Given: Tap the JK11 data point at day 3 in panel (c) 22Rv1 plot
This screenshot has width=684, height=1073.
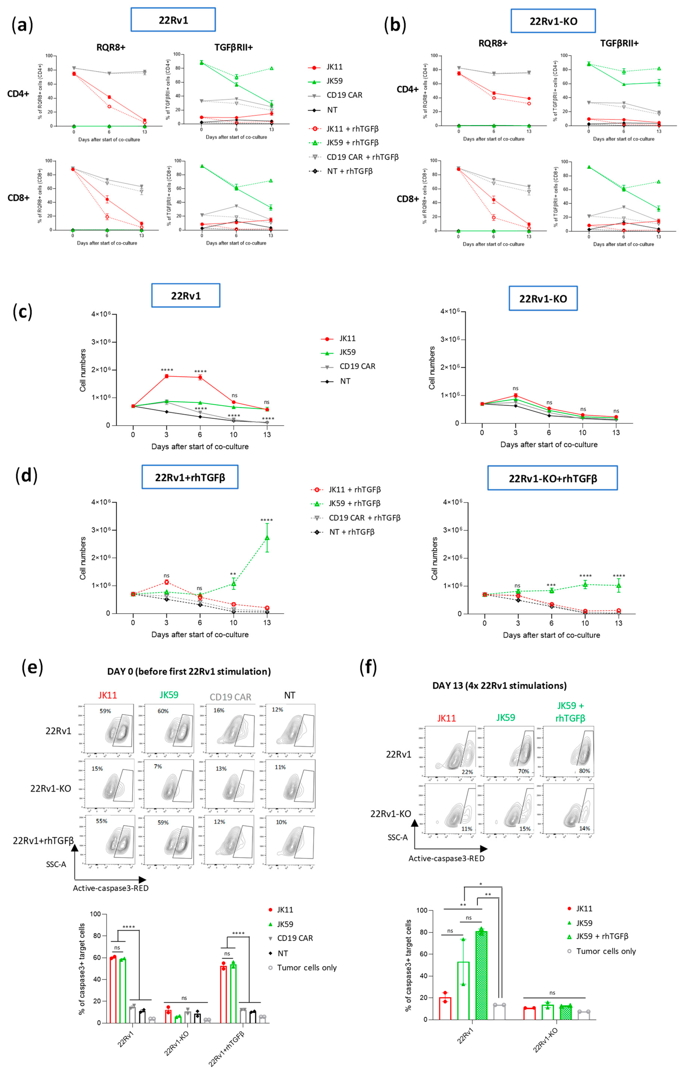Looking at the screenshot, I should (166, 376).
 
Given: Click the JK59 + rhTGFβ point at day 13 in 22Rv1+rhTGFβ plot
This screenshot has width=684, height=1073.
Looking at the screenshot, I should (267, 538).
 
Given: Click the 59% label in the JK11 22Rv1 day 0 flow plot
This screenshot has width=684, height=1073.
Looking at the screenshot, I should (105, 711).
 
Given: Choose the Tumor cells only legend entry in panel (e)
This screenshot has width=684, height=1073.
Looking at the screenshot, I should (306, 967).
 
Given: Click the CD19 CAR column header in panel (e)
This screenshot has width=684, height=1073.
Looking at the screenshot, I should (230, 697).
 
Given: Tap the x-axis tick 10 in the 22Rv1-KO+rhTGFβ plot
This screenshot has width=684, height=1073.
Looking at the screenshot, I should (585, 623).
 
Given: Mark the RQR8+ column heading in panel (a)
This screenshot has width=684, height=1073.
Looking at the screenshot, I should (111, 47).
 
